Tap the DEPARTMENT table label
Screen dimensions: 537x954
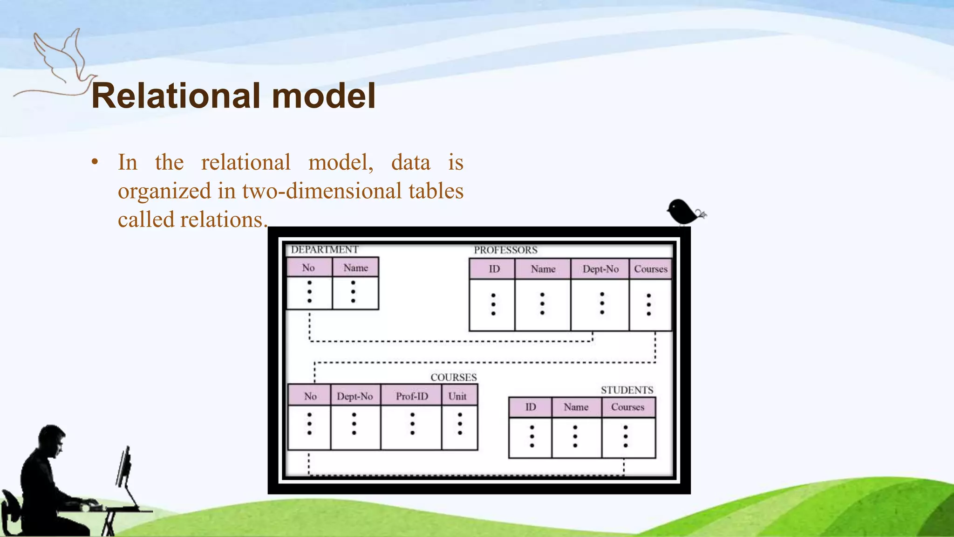point(325,249)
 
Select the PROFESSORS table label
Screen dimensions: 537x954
point(505,250)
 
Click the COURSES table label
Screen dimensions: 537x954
point(453,377)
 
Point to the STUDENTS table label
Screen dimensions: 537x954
point(627,390)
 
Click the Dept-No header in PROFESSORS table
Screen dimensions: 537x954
point(600,269)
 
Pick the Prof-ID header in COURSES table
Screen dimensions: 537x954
point(411,396)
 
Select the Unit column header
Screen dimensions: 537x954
point(457,396)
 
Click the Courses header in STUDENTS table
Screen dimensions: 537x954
point(627,407)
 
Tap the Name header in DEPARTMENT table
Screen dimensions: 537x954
point(355,268)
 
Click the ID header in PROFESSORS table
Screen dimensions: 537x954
point(494,269)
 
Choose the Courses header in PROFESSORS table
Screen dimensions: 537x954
point(650,269)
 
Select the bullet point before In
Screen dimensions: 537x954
point(95,163)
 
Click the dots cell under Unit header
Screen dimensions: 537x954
point(459,424)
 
